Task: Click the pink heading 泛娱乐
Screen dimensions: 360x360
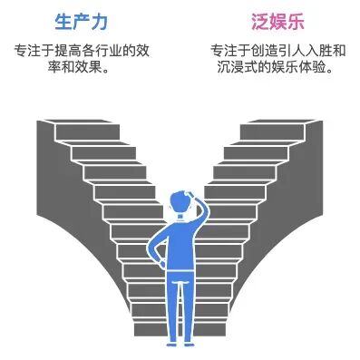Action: [x=276, y=20]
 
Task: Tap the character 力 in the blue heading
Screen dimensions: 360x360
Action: [x=100, y=20]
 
